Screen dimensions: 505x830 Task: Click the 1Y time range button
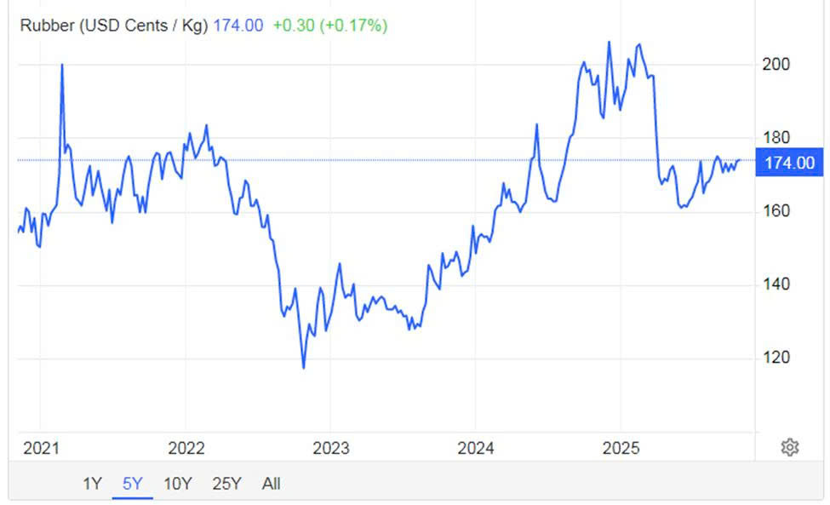click(92, 484)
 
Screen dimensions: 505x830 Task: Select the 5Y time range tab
click(132, 484)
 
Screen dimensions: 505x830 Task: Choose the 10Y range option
click(177, 484)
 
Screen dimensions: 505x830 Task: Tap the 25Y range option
click(226, 484)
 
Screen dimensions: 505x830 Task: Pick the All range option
click(271, 484)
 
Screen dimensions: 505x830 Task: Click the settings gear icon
click(789, 447)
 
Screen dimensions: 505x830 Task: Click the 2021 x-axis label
click(41, 448)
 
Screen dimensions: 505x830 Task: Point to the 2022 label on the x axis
click(186, 448)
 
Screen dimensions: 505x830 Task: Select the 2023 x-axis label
click(330, 448)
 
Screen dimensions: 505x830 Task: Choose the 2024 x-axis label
click(475, 448)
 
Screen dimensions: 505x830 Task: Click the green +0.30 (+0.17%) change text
click(329, 26)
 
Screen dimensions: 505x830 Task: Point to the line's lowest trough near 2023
click(303, 368)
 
